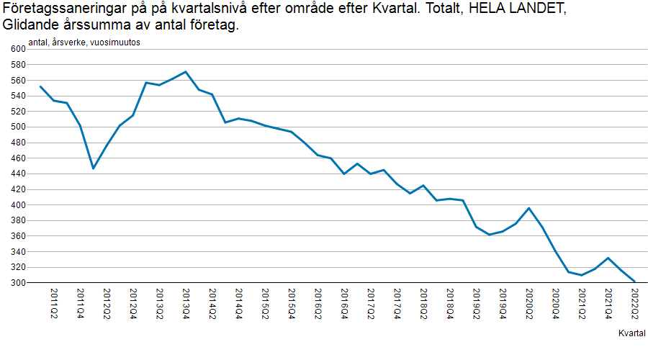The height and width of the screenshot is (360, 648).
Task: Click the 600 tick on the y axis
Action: (x=17, y=48)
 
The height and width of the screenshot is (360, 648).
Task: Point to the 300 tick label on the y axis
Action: (x=17, y=283)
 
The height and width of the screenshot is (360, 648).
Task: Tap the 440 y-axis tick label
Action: (x=17, y=174)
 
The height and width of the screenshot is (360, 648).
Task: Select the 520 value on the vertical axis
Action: (x=17, y=111)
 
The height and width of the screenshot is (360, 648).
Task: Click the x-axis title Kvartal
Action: (x=631, y=333)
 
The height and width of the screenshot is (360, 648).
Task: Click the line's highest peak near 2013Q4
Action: (x=186, y=72)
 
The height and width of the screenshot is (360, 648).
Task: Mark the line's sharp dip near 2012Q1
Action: (x=93, y=168)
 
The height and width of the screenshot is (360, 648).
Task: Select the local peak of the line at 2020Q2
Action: (x=529, y=208)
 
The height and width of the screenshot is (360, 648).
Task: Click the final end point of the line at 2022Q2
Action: (x=634, y=282)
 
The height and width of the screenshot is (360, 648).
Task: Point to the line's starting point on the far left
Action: (x=40, y=86)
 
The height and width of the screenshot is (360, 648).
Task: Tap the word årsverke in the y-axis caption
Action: (x=70, y=42)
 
